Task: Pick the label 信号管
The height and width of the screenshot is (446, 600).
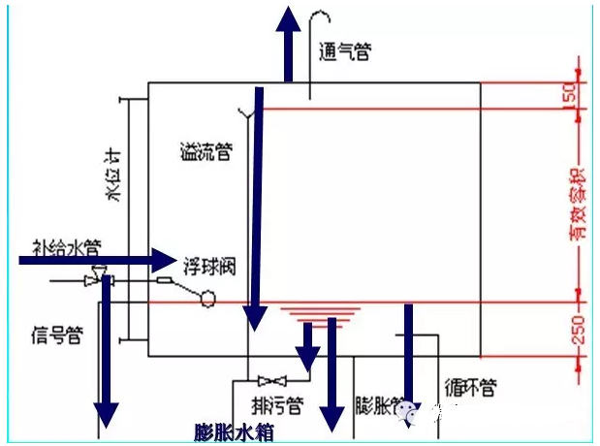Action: (x=55, y=334)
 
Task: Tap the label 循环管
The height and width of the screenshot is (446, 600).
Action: (x=471, y=388)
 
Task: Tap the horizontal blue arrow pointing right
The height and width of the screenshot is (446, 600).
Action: (x=97, y=259)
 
